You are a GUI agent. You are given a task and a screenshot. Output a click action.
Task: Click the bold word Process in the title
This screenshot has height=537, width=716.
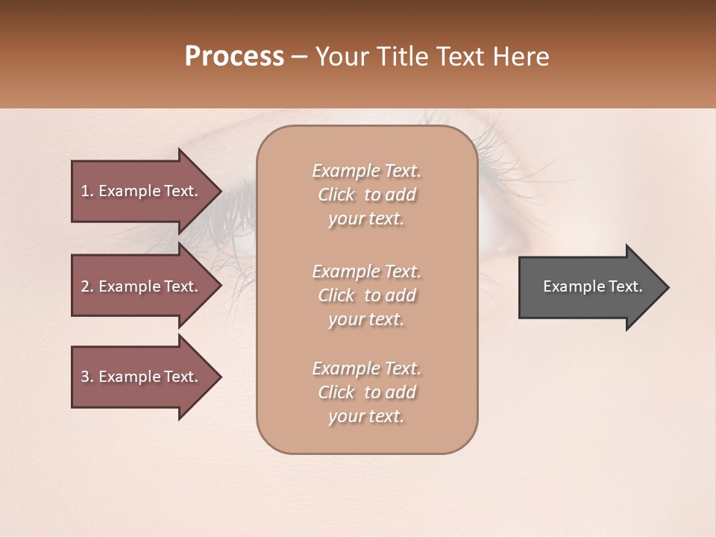coord(234,57)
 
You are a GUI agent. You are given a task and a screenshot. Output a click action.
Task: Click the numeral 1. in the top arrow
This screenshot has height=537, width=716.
coord(87,191)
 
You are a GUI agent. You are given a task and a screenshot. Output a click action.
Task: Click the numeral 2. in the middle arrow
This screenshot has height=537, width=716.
coord(87,286)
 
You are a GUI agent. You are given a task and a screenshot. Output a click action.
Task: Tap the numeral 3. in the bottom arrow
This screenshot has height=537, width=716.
coord(87,377)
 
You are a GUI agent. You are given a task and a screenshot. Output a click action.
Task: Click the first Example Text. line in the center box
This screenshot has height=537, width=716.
coord(366,171)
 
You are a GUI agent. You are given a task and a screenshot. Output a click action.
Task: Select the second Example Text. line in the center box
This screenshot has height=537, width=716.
coord(366,271)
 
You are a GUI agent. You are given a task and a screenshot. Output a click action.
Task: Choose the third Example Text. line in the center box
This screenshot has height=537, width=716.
coord(366,368)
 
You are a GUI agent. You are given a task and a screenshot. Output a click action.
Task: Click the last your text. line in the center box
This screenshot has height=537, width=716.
coord(366,417)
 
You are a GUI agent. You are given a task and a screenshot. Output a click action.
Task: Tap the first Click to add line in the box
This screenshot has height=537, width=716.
coord(366,195)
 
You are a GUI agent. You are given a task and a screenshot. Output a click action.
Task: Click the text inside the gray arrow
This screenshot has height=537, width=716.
coord(593,286)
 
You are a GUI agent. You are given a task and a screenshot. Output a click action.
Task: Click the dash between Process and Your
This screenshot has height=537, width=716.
coord(299,57)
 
